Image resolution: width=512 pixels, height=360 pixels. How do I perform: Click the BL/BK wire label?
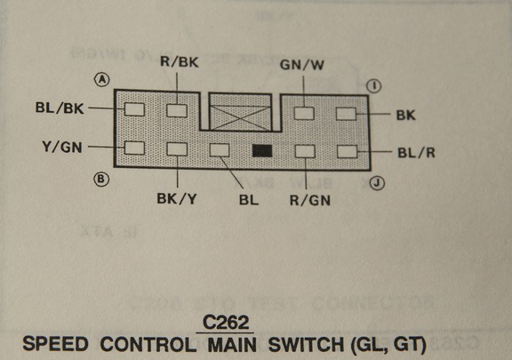(60, 108)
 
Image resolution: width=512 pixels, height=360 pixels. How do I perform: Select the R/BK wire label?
(180, 62)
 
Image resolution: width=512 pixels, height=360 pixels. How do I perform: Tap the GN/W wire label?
(302, 65)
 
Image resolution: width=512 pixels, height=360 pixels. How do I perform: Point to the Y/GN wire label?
(62, 148)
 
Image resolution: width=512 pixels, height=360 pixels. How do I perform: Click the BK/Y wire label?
(177, 198)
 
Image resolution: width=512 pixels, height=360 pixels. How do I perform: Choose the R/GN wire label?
(310, 200)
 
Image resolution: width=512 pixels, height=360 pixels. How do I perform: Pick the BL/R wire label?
(416, 153)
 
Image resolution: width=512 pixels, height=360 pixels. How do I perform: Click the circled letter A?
(102, 79)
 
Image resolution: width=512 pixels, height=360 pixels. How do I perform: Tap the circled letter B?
(101, 179)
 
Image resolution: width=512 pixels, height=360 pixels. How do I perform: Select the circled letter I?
(374, 86)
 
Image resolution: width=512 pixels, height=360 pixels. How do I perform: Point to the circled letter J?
(377, 183)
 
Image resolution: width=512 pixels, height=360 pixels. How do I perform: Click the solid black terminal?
(262, 150)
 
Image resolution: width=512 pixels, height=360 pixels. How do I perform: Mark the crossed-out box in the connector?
(240, 112)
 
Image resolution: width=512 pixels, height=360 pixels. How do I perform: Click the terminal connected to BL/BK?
(134, 109)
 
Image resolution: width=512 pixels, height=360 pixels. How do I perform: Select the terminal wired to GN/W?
(304, 114)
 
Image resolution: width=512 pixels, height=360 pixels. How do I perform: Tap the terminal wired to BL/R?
(347, 152)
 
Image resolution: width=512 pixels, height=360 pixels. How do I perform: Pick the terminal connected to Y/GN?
(134, 148)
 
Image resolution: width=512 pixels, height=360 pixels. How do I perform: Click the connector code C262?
(226, 323)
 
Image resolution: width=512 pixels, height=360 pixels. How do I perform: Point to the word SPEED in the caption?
(55, 344)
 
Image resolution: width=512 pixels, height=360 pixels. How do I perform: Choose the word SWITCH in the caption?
(306, 344)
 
